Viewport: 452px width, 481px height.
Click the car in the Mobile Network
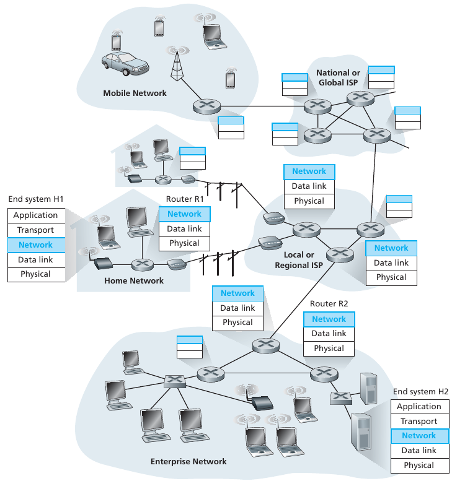(x=125, y=63)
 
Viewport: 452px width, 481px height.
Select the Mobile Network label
(x=135, y=93)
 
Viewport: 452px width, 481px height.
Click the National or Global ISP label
(x=338, y=77)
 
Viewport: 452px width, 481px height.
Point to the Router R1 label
(x=184, y=199)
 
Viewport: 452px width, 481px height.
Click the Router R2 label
(x=329, y=305)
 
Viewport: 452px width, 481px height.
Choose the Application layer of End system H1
(x=36, y=215)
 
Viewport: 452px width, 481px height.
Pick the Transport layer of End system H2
(x=419, y=422)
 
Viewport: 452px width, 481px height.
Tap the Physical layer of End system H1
(x=36, y=274)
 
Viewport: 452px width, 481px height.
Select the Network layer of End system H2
(x=419, y=436)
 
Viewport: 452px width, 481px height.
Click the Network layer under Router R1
(x=184, y=214)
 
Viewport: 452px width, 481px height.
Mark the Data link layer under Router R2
(x=329, y=334)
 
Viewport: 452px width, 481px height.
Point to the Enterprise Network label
(x=188, y=461)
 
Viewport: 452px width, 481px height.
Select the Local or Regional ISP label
(x=298, y=260)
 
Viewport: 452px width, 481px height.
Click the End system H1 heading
(x=36, y=199)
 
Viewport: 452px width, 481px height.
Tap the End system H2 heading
(x=420, y=392)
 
